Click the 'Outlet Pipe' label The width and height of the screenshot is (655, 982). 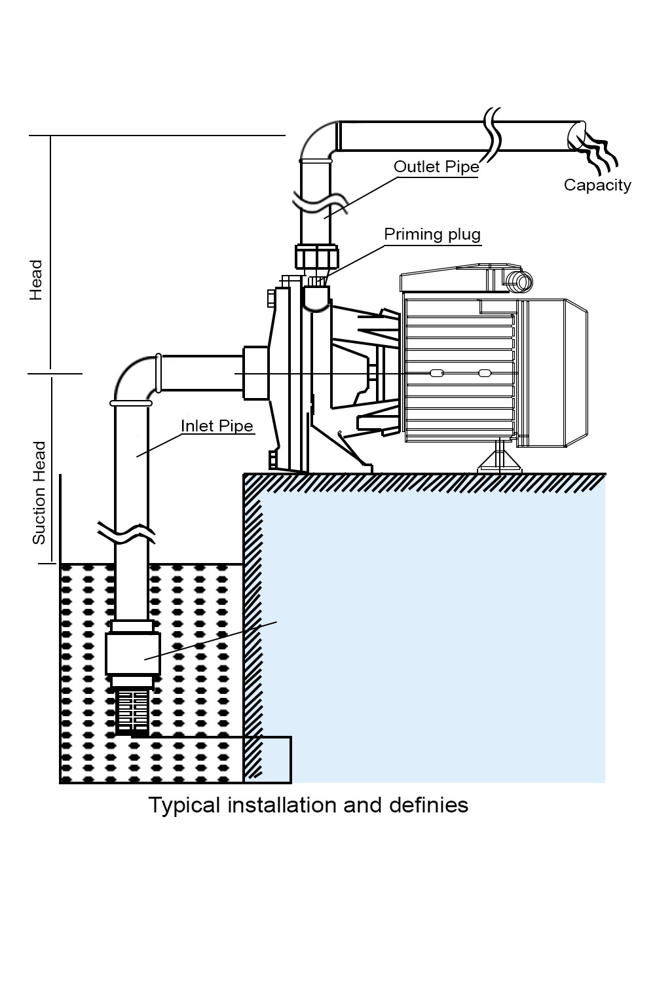(x=436, y=167)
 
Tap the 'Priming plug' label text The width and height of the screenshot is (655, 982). (x=432, y=234)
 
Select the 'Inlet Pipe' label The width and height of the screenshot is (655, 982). (x=217, y=426)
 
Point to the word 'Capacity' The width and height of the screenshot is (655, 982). (x=597, y=185)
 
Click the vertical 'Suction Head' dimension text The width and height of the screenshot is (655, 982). (x=40, y=492)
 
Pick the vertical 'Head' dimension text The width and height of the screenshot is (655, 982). (x=36, y=280)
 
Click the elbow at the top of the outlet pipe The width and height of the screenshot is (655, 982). (x=317, y=140)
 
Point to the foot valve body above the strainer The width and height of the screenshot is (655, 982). (x=132, y=654)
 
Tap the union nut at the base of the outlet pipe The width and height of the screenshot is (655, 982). (x=317, y=257)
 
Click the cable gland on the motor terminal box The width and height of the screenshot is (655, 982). (x=521, y=282)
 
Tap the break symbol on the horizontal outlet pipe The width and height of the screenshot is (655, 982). (x=493, y=137)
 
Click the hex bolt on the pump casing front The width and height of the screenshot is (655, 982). (x=271, y=299)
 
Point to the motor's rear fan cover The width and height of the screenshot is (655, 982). (x=557, y=373)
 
